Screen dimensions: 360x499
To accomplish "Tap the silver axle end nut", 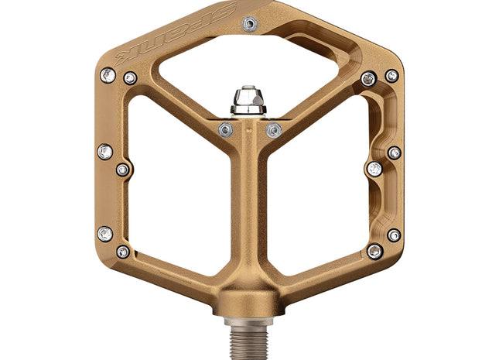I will (x=248, y=99).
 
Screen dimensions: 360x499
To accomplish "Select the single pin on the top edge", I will (x=248, y=24).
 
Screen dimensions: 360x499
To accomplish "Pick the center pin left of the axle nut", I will (x=226, y=129).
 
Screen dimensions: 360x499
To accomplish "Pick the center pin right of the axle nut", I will (x=273, y=130).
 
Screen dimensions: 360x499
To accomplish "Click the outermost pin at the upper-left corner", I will (x=108, y=75).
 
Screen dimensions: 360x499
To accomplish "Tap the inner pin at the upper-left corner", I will (x=130, y=78).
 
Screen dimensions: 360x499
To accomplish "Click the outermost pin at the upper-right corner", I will (x=392, y=76).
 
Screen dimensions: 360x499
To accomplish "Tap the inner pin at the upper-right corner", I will (x=369, y=79).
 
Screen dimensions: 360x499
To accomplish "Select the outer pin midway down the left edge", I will (x=104, y=153).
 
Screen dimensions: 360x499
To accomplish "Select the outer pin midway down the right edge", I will (x=395, y=153).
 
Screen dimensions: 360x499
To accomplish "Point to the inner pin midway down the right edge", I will (x=374, y=169).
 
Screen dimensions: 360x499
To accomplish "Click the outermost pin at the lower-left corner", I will (x=104, y=233).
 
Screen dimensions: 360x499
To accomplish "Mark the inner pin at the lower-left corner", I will (x=123, y=252).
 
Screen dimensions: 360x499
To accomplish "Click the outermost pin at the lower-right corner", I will (x=395, y=235).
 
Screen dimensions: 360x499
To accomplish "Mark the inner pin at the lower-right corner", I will (x=375, y=251).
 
